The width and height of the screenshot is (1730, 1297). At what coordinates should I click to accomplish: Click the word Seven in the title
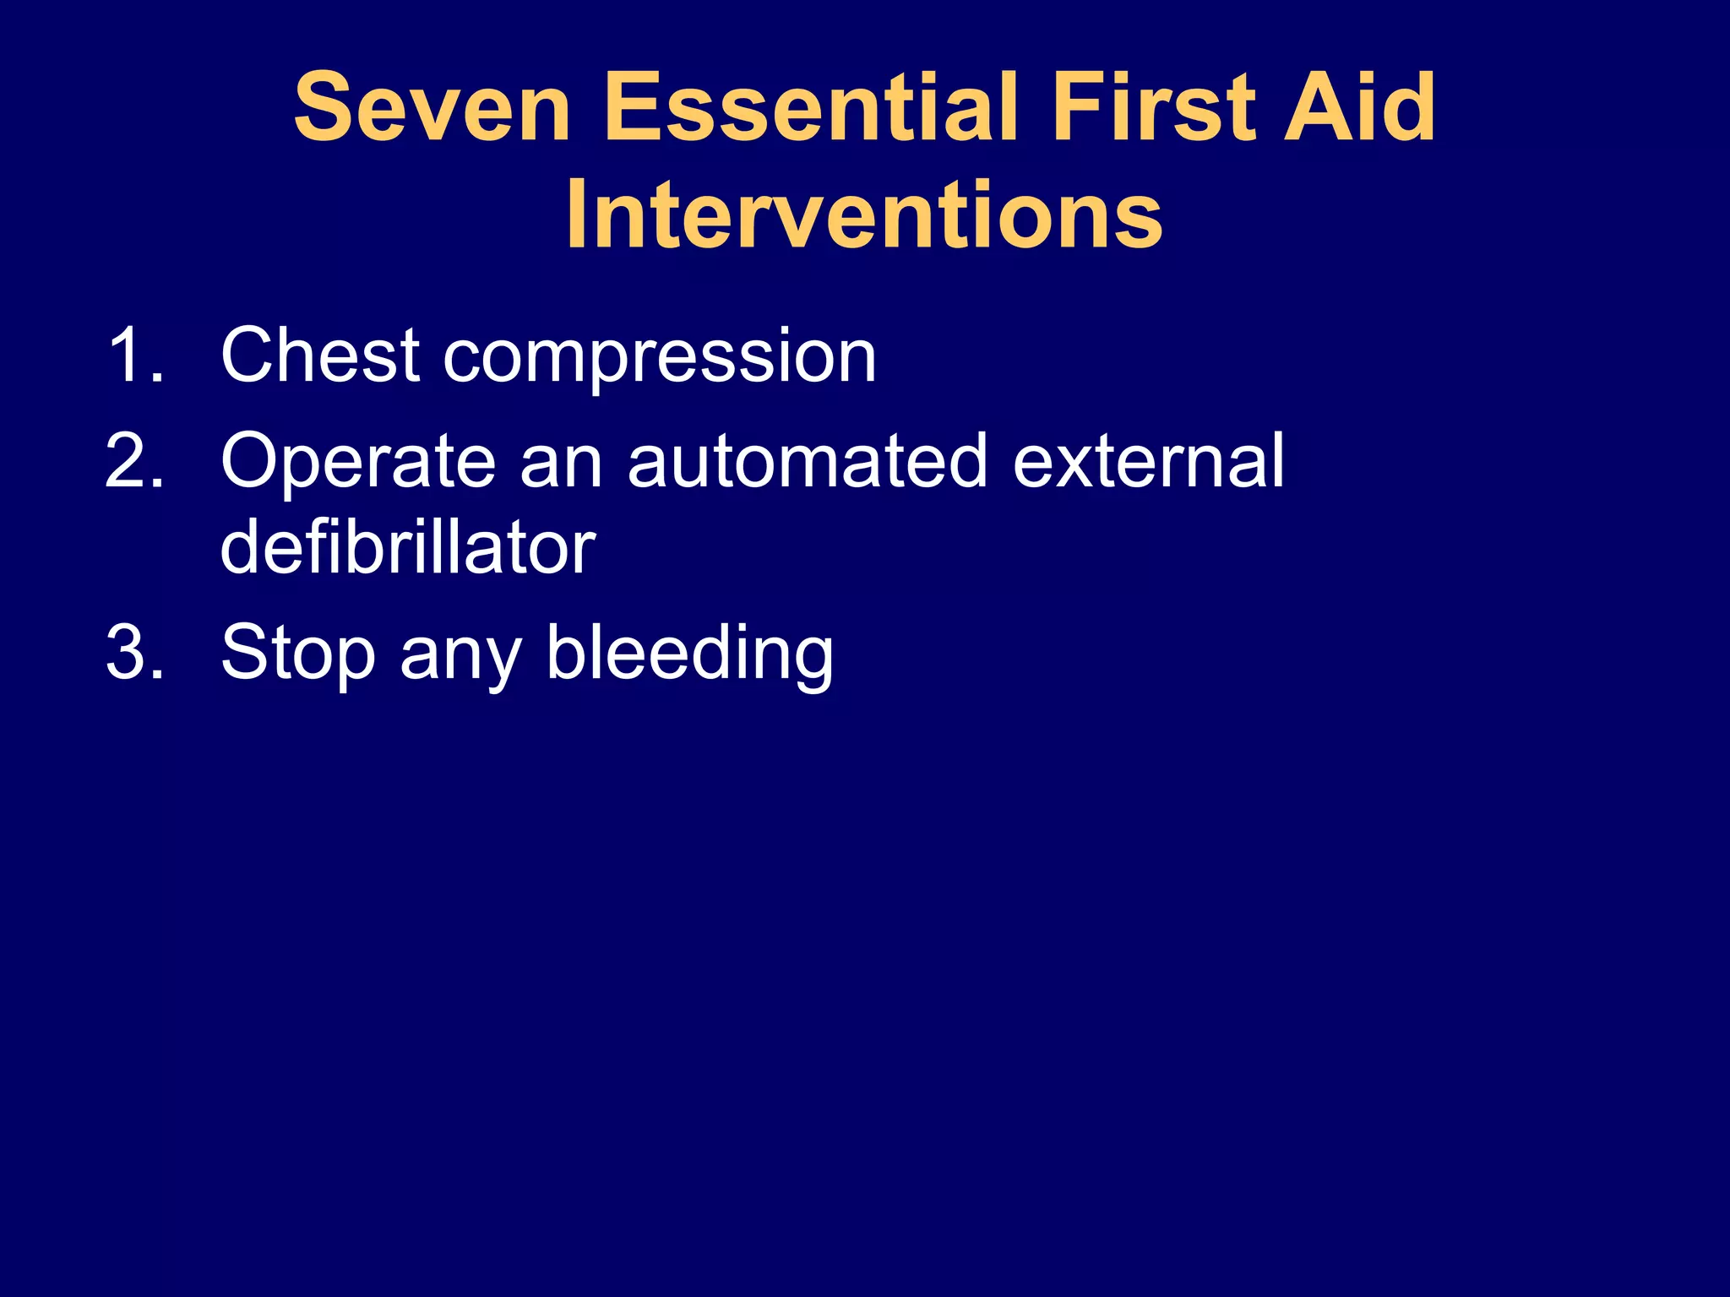pyautogui.click(x=432, y=108)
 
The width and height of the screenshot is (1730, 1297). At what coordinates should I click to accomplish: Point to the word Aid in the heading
pyautogui.click(x=1359, y=108)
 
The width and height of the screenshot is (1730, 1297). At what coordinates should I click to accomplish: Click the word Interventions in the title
pyautogui.click(x=864, y=216)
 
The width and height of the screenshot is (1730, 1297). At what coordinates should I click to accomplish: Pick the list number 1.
pyautogui.click(x=133, y=355)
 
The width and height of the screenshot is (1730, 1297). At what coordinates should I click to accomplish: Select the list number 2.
pyautogui.click(x=133, y=461)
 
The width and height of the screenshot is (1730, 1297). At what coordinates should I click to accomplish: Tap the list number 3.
pyautogui.click(x=133, y=652)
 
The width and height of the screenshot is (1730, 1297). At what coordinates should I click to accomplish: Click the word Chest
pyautogui.click(x=320, y=355)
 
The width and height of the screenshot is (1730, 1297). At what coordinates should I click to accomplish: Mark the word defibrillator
pyautogui.click(x=408, y=548)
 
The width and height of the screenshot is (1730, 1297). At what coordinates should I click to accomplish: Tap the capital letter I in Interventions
pyautogui.click(x=577, y=216)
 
